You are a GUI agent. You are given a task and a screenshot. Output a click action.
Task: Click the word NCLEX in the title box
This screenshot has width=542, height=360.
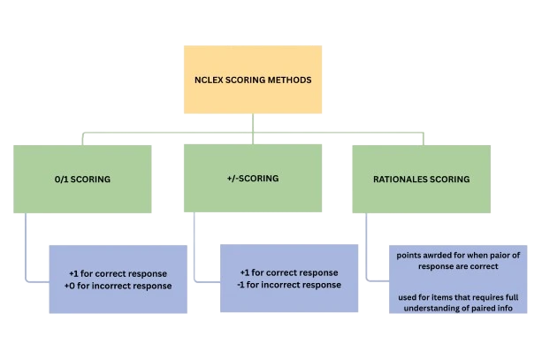click(209, 80)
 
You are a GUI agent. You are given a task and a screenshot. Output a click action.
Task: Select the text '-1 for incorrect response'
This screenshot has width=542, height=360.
click(290, 285)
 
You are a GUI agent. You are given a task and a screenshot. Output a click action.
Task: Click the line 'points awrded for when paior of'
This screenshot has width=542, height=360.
click(458, 255)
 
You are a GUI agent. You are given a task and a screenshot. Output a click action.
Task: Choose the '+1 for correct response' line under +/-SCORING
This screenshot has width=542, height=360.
click(290, 272)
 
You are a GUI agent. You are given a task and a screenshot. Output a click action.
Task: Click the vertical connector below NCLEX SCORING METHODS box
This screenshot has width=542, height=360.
click(252, 126)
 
